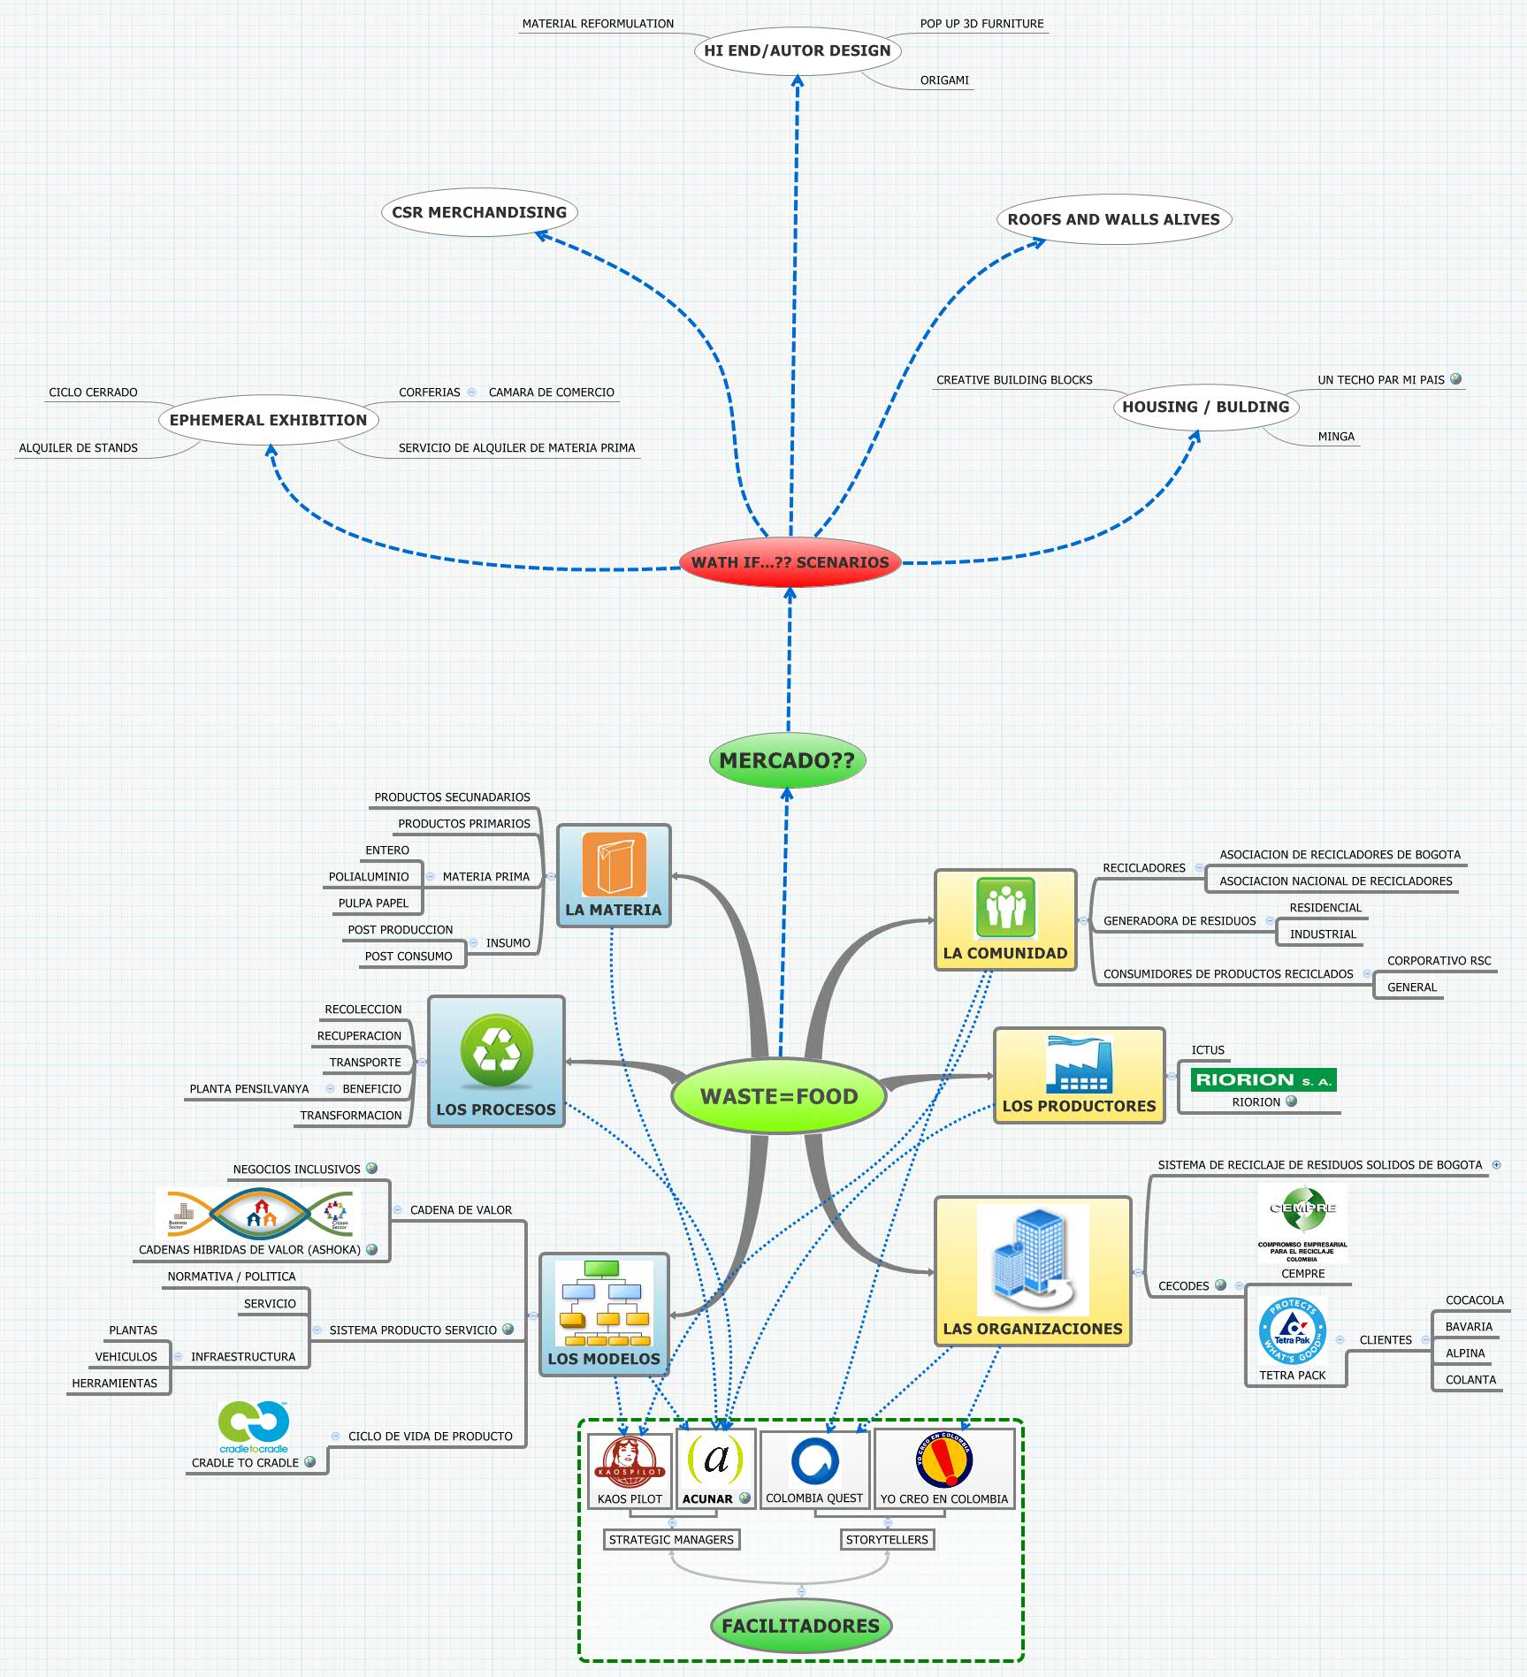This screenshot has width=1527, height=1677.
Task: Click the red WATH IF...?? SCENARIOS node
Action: pyautogui.click(x=790, y=562)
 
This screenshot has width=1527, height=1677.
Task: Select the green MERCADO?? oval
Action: pyautogui.click(x=787, y=760)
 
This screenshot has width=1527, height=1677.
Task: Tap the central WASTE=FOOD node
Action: pyautogui.click(x=779, y=1096)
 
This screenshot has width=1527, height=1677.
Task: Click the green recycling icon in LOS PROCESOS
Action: pyautogui.click(x=497, y=1050)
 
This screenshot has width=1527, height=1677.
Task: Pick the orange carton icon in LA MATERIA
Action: pyautogui.click(x=615, y=865)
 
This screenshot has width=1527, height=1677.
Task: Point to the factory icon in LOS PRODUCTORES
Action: pyautogui.click(x=1079, y=1065)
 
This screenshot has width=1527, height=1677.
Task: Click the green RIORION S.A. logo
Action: pyautogui.click(x=1264, y=1079)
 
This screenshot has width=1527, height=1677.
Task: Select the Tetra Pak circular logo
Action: pyautogui.click(x=1293, y=1330)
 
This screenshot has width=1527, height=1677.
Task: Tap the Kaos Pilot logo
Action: pyautogui.click(x=630, y=1462)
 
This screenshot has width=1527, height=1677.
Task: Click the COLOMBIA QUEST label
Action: pyautogui.click(x=814, y=1498)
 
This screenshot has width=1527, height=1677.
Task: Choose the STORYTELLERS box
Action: pyautogui.click(x=887, y=1539)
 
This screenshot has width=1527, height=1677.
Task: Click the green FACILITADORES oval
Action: pyautogui.click(x=800, y=1626)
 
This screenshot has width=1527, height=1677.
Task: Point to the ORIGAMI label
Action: pyautogui.click(x=944, y=80)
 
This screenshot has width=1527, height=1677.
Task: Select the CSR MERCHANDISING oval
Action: pyautogui.click(x=479, y=212)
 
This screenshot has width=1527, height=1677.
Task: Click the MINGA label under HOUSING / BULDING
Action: pyautogui.click(x=1336, y=437)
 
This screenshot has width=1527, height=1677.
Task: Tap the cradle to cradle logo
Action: pyautogui.click(x=254, y=1427)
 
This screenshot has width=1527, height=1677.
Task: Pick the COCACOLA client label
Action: pyautogui.click(x=1474, y=1300)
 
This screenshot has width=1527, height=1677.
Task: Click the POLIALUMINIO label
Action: pyautogui.click(x=369, y=877)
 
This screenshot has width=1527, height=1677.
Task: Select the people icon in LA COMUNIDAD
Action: pyautogui.click(x=1005, y=907)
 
